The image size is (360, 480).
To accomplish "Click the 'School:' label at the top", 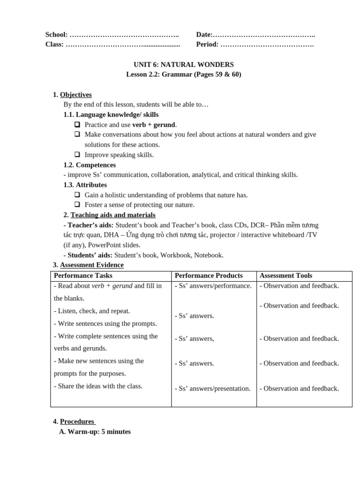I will pyautogui.click(x=56, y=35).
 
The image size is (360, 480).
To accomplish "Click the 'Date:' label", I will pyautogui.click(x=204, y=35).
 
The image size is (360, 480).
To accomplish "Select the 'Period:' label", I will pyautogui.click(x=207, y=45).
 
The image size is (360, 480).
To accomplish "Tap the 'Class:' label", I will pyautogui.click(x=54, y=45).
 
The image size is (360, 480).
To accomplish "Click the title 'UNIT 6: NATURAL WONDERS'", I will pyautogui.click(x=183, y=65).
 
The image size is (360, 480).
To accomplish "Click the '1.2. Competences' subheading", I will pyautogui.click(x=90, y=165).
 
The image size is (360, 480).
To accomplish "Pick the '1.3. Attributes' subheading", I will pyautogui.click(x=85, y=185).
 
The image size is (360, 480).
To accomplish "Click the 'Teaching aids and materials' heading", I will pyautogui.click(x=112, y=215).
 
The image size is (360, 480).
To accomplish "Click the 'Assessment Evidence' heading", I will pyautogui.click(x=91, y=265).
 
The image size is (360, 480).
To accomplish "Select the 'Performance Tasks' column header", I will pyautogui.click(x=83, y=276).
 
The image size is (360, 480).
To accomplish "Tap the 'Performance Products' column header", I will pyautogui.click(x=209, y=276).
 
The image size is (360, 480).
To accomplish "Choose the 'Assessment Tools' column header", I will pyautogui.click(x=285, y=276).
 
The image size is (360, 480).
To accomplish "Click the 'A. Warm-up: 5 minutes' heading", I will pyautogui.click(x=95, y=432).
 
